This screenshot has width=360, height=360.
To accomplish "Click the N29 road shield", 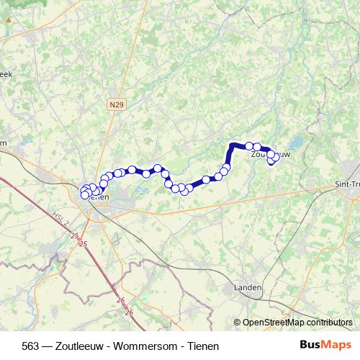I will click(x=116, y=104).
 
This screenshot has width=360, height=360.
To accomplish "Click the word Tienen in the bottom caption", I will click(x=202, y=345).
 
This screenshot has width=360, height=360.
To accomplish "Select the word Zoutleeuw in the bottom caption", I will click(x=84, y=345).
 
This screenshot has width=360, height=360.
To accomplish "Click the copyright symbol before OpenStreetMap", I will click(x=238, y=323).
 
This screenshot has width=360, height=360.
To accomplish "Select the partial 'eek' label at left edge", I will click(x=6, y=73).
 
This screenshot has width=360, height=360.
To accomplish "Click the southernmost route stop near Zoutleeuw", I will click(x=272, y=161).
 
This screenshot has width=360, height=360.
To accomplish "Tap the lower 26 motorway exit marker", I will click(x=130, y=312).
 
